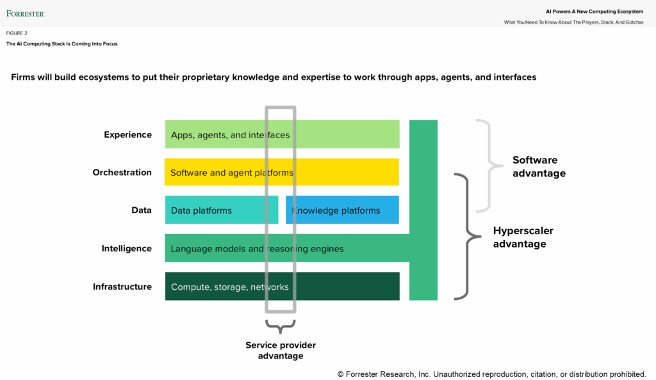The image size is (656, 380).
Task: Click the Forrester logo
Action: click(x=25, y=13)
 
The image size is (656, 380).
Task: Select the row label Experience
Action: click(x=127, y=134)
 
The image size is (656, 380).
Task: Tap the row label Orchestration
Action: click(x=122, y=172)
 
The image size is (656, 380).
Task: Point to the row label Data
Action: click(x=142, y=210)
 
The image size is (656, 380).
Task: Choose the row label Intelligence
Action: click(x=126, y=248)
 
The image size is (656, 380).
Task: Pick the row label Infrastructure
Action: click(x=122, y=287)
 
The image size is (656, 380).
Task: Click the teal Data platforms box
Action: click(x=221, y=210)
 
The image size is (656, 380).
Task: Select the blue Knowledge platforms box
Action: click(x=342, y=210)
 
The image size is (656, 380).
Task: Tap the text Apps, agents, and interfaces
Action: click(x=230, y=135)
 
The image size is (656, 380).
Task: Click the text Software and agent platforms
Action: click(x=231, y=173)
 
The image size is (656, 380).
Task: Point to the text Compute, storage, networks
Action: click(x=230, y=287)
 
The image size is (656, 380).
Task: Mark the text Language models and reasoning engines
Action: click(x=257, y=248)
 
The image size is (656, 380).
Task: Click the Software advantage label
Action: click(x=539, y=166)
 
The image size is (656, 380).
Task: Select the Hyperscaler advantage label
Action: click(x=523, y=237)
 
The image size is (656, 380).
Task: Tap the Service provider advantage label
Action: click(x=281, y=351)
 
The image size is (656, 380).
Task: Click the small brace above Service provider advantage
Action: click(x=281, y=326)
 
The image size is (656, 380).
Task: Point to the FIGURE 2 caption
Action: click(x=17, y=33)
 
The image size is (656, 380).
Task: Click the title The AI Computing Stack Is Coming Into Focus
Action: click(x=61, y=44)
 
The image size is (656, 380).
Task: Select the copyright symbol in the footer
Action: click(x=341, y=374)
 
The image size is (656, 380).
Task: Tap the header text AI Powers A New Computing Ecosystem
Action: click(x=594, y=12)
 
